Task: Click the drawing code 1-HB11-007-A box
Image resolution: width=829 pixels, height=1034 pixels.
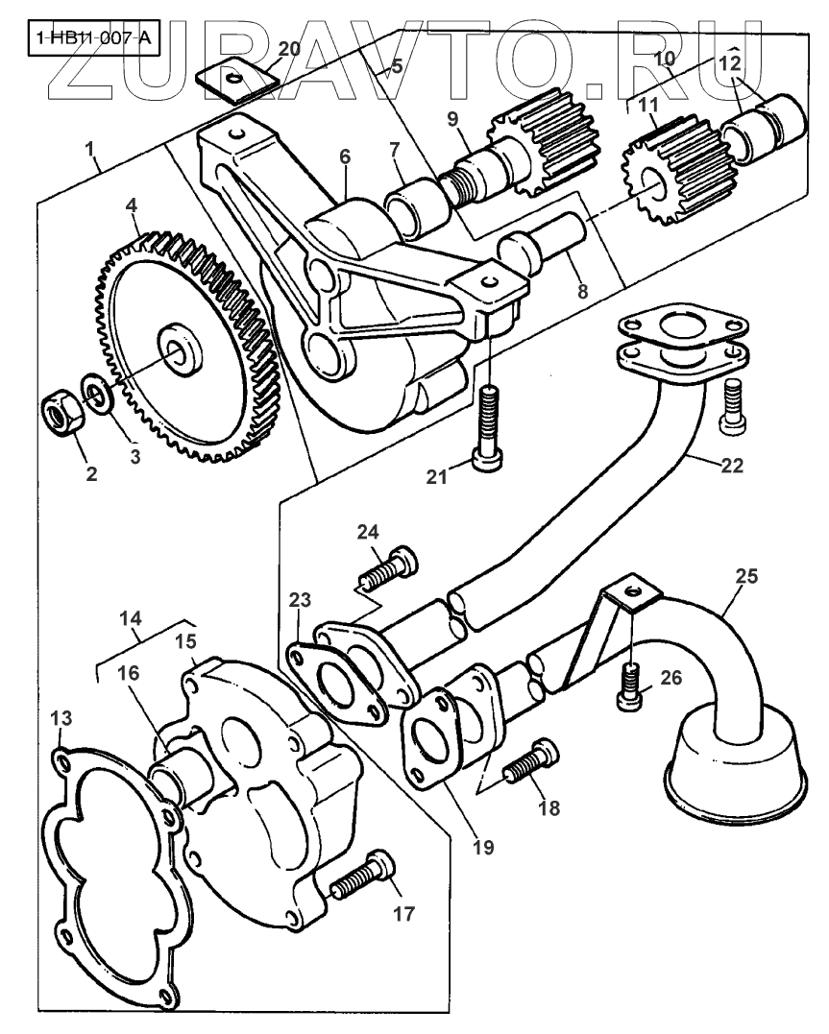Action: (92, 40)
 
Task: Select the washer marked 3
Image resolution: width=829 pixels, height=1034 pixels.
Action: (97, 391)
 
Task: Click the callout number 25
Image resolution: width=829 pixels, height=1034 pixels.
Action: (746, 577)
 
